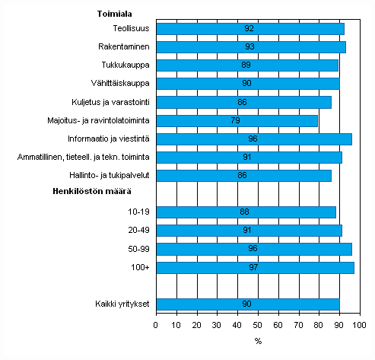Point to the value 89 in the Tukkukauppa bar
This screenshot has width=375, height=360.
coord(246,65)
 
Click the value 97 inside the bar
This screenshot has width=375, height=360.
coord(254,267)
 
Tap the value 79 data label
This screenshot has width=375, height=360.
coord(236,120)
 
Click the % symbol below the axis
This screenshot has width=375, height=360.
coord(258,340)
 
